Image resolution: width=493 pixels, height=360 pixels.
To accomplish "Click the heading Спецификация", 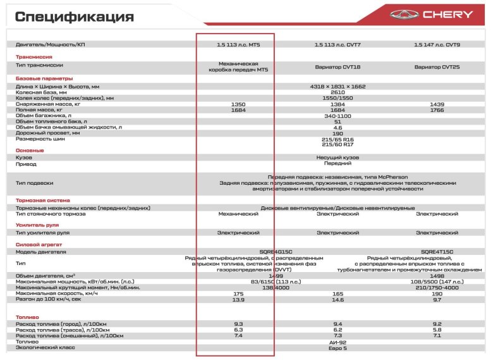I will (x=75, y=16).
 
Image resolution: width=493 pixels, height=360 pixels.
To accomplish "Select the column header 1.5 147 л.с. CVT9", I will (x=437, y=45).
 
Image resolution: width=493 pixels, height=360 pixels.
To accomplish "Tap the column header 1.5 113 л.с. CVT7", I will (x=337, y=45).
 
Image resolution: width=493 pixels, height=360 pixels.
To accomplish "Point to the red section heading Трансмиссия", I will (x=33, y=57).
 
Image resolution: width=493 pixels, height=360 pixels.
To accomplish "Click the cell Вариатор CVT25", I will (x=437, y=67).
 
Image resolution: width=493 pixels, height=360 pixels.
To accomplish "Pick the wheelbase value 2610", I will (x=338, y=92).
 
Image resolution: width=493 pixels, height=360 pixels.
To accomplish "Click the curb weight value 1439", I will (x=437, y=104).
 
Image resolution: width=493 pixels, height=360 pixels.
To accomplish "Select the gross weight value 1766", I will (x=437, y=110).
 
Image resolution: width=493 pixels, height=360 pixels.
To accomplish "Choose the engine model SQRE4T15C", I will (x=437, y=252).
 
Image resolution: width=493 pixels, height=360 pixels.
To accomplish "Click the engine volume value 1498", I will (x=437, y=276).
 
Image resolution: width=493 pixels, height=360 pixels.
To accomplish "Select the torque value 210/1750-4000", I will (x=437, y=288).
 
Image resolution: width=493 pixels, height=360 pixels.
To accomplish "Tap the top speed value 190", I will (x=437, y=294).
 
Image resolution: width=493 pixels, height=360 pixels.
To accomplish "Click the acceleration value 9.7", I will (x=437, y=299).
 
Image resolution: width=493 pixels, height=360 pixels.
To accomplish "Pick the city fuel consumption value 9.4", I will (x=338, y=324).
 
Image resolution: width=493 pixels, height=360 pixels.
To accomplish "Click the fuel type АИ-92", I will (x=338, y=342).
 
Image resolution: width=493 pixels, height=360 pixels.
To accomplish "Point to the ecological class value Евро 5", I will (x=338, y=347).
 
